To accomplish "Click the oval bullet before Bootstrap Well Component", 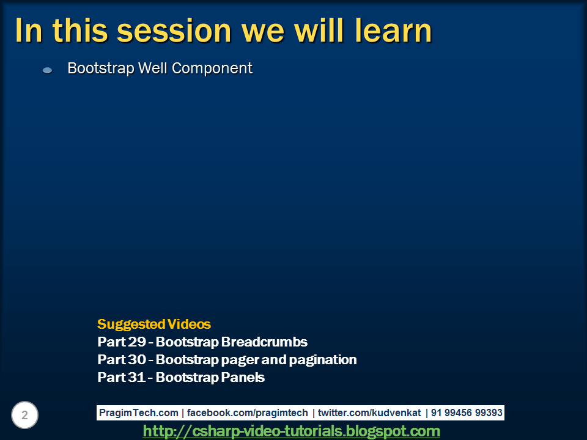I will coord(47,70).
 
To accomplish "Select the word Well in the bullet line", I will coord(153,68).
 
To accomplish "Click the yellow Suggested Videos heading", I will coord(153,324).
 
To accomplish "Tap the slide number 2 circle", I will coord(24,416).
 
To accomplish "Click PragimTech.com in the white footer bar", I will coord(139,413).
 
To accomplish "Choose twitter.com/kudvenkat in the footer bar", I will coord(369,413).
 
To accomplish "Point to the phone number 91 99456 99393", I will coord(466,413).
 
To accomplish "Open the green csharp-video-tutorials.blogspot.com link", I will coord(291,431).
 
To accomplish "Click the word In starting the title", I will coord(28,31).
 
